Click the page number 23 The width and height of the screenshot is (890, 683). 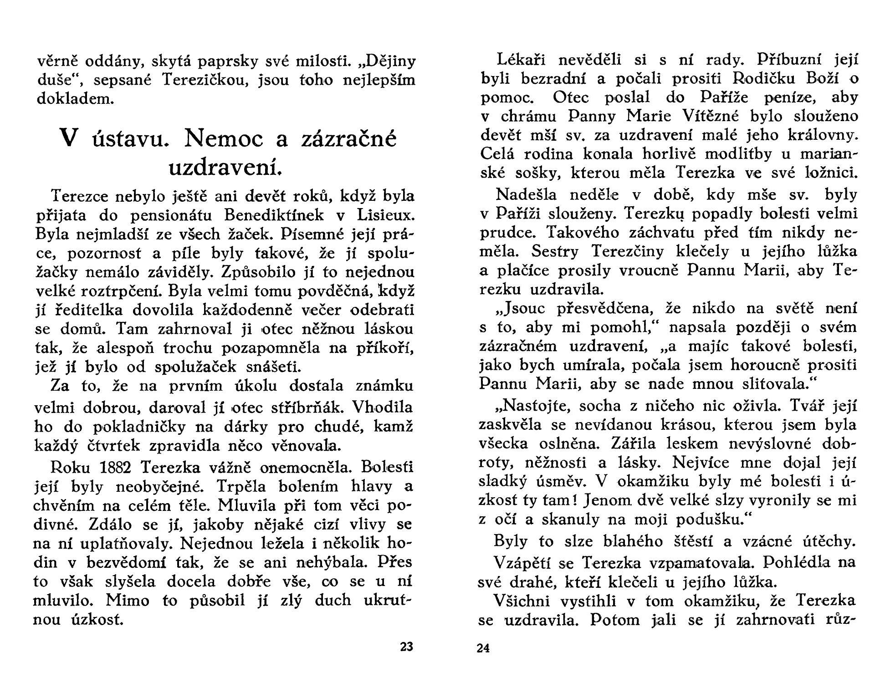(406, 647)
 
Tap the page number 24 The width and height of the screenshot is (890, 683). (483, 648)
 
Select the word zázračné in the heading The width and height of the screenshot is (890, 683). (349, 138)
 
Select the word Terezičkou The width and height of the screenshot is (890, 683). (205, 80)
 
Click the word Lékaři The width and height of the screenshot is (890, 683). (522, 60)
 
